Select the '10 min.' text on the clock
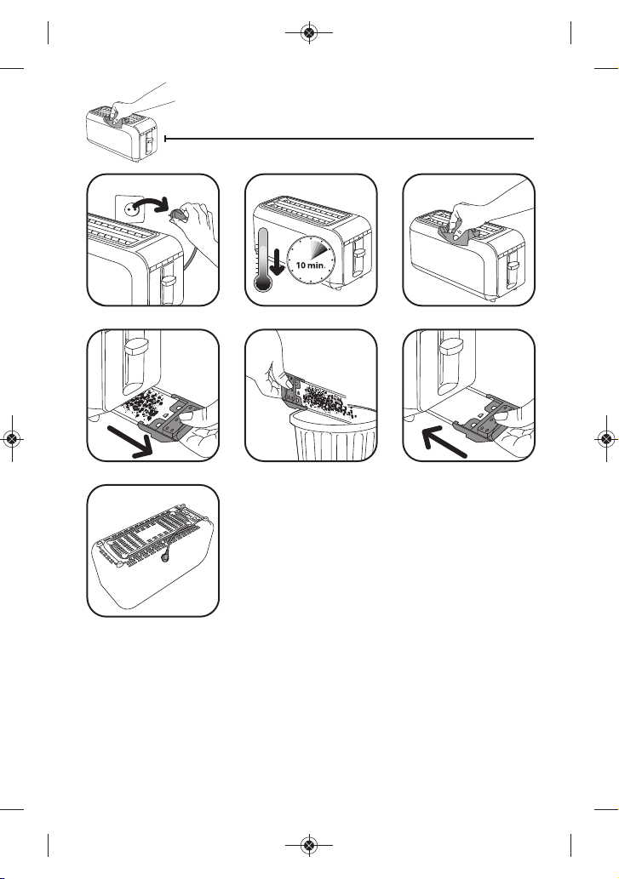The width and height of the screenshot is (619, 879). (x=310, y=265)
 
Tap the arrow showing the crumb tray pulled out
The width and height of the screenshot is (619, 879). (x=131, y=441)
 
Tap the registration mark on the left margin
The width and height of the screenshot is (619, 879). (x=12, y=438)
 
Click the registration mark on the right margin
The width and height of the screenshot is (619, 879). (x=606, y=438)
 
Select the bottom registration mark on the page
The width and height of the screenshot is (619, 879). (x=309, y=845)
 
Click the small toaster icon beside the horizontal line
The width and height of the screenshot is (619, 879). (x=122, y=132)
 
